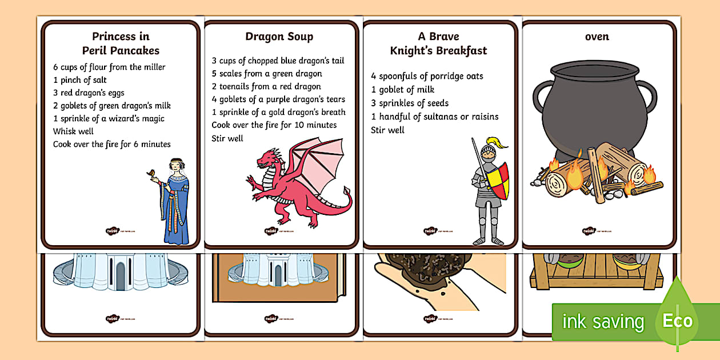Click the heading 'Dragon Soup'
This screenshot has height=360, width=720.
tap(279, 37)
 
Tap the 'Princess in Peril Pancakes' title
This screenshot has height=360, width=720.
tap(121, 43)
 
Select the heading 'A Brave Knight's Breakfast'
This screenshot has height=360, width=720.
tap(438, 43)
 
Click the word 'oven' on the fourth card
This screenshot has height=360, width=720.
tap(597, 37)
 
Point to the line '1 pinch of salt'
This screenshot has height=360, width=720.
tap(79, 80)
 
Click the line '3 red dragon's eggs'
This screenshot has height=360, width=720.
tap(89, 93)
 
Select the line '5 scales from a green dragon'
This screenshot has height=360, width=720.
tap(267, 74)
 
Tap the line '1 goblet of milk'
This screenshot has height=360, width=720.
tap(402, 90)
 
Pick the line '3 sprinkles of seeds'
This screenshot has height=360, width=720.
tap(410, 103)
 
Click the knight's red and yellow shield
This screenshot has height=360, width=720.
tap(497, 180)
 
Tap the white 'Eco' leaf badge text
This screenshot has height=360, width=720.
tap(677, 321)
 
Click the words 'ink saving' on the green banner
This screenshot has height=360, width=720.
tap(603, 322)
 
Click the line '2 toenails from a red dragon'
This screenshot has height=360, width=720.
tap(266, 87)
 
